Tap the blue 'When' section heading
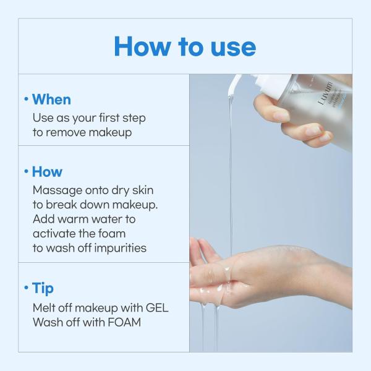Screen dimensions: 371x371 click(x=51, y=100)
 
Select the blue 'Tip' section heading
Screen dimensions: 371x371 click(x=43, y=288)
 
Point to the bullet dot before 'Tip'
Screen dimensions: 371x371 click(x=26, y=289)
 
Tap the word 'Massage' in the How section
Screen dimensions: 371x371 click(x=56, y=190)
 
